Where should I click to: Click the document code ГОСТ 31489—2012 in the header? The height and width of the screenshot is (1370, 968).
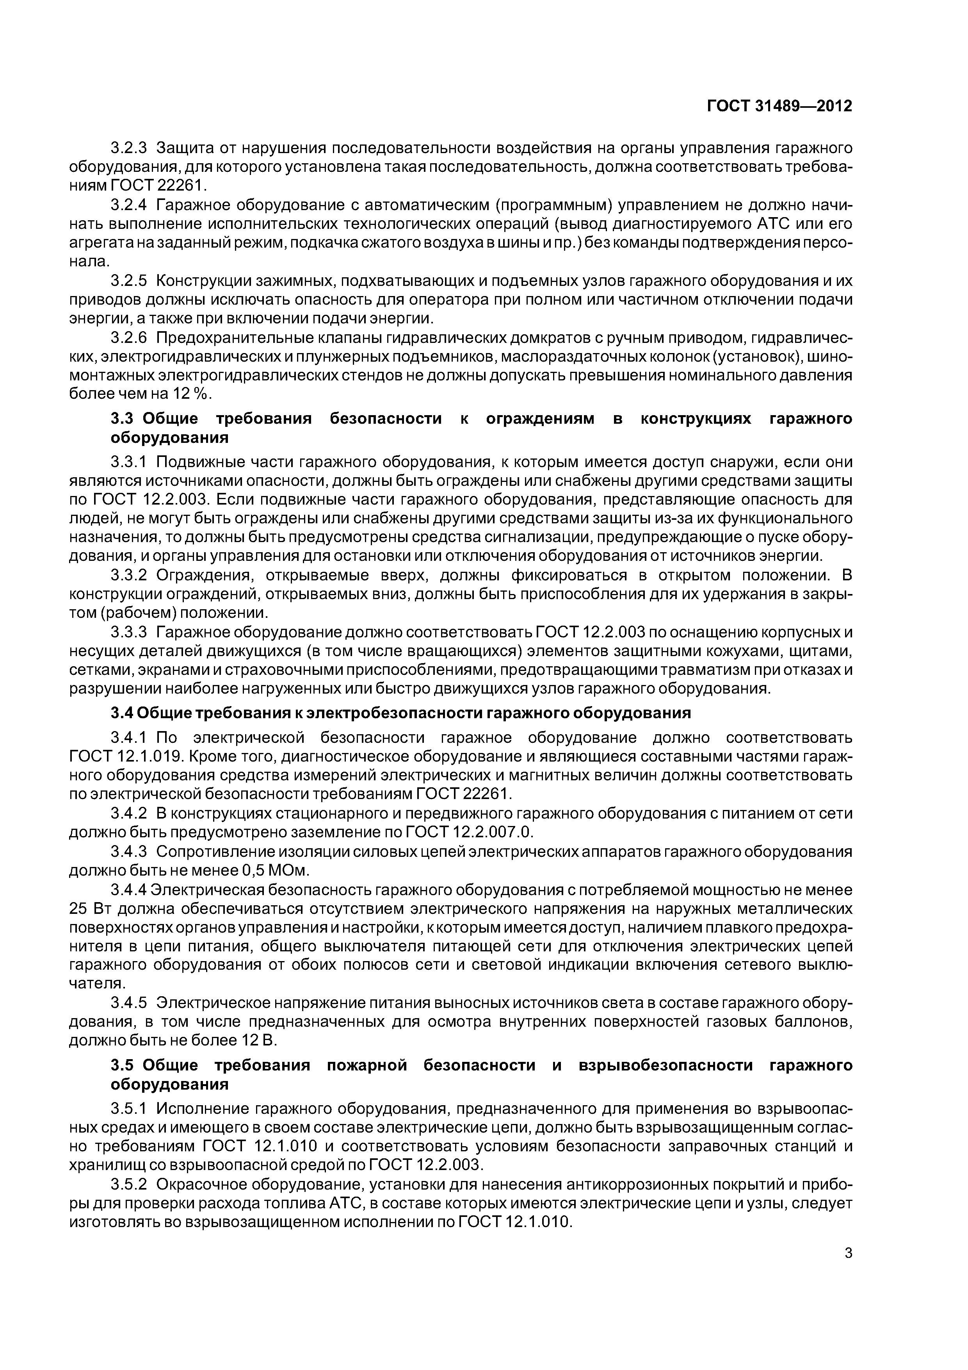(779, 105)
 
